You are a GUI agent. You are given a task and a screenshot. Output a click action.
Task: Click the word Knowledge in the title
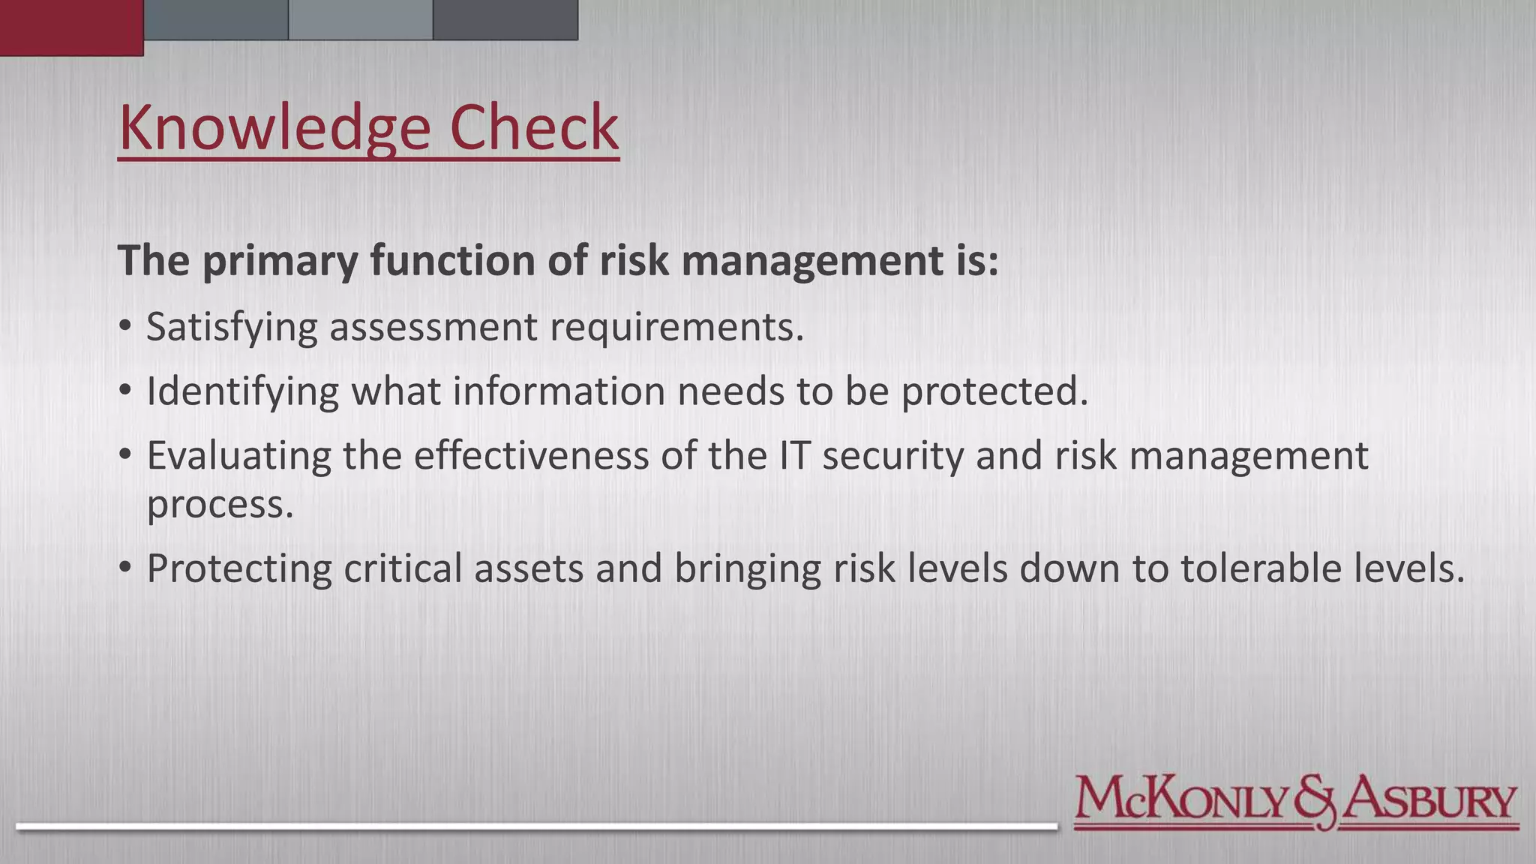click(x=274, y=128)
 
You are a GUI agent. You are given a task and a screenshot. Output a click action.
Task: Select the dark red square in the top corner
click(x=71, y=27)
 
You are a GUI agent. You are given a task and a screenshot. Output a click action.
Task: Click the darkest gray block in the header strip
click(x=505, y=19)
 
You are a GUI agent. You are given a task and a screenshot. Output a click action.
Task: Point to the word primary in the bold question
click(x=280, y=262)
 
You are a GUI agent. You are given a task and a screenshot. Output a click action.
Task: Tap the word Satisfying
click(x=232, y=328)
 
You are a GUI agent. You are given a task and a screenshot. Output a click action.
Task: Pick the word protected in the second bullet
click(x=994, y=392)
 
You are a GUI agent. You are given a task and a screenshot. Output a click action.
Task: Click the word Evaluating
click(x=238, y=456)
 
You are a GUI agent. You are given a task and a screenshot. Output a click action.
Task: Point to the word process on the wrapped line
click(x=219, y=505)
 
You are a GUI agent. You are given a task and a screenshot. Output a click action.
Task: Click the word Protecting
click(x=238, y=568)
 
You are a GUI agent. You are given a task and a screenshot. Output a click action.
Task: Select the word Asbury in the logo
click(x=1429, y=800)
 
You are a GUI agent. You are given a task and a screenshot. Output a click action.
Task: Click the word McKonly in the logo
click(x=1183, y=800)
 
